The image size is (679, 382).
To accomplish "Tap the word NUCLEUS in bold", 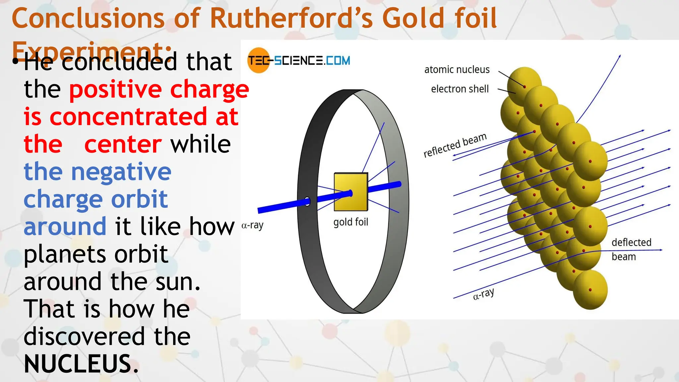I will point(78,364).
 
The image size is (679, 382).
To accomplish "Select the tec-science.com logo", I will point(298,60).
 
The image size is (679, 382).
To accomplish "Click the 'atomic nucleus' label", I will point(457,70).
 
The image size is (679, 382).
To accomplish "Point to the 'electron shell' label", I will point(460,89).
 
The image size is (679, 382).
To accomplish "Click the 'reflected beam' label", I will point(455,145).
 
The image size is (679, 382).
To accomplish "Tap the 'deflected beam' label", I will point(631,249).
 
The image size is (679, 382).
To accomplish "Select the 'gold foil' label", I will point(350,222).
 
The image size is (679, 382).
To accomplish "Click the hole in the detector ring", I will point(307,201).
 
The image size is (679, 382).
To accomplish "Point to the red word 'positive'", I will point(115,90).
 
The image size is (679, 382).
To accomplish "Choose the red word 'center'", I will point(123,144).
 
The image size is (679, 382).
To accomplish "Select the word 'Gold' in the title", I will point(413,19).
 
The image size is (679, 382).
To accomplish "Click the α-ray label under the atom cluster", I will point(483,294).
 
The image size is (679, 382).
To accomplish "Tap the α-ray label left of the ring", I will point(252,225).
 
